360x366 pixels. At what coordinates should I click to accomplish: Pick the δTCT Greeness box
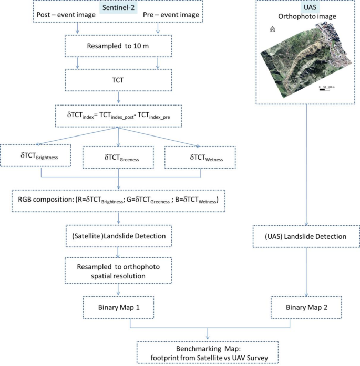tap(119, 156)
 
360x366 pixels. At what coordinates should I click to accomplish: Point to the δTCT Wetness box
tap(198, 156)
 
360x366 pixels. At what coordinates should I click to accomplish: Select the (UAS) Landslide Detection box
tap(306, 236)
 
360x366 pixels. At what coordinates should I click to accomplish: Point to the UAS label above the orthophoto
tap(307, 7)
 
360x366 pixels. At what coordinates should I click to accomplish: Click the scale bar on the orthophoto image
tap(327, 89)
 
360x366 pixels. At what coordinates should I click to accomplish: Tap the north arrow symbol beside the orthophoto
tap(273, 29)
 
